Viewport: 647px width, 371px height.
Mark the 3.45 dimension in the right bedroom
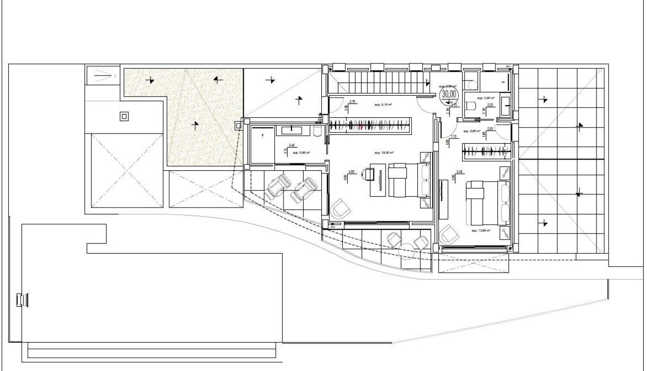point(460,172)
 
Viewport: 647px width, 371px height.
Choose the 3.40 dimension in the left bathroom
point(292,145)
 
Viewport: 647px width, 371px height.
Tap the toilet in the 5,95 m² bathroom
point(317,131)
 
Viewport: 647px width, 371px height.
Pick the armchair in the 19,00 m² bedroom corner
point(340,210)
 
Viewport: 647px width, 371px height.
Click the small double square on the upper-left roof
point(124,116)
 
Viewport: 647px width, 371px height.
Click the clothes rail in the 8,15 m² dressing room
point(369,125)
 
